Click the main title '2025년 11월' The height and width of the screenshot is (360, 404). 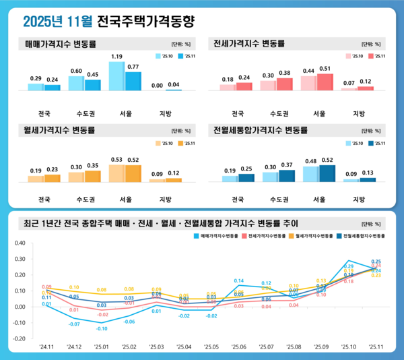coord(57,22)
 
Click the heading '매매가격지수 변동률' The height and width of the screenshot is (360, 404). coord(61,44)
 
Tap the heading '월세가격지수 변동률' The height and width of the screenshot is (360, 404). coord(61,129)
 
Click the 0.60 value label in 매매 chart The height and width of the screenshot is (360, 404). coord(76,71)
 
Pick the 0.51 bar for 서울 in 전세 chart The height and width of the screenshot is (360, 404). coord(325,82)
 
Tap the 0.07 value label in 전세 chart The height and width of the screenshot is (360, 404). coord(349,83)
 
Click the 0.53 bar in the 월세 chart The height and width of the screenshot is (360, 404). coord(116,173)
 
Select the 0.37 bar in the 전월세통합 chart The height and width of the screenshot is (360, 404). coord(288,176)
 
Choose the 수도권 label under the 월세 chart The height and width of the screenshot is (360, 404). coord(84,200)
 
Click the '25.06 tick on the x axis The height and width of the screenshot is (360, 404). coord(239,347)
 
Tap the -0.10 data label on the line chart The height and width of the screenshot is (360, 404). coord(102,328)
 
